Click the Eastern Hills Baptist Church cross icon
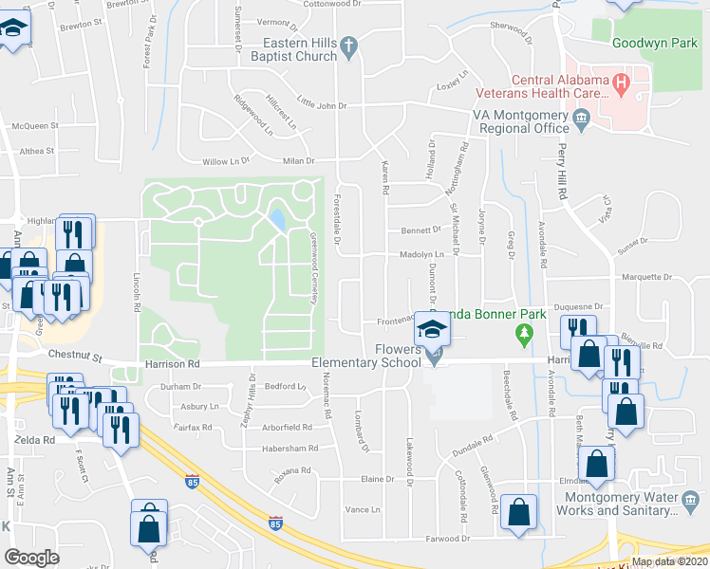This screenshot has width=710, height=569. pyautogui.click(x=348, y=45)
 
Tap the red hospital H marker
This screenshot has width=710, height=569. pyautogui.click(x=622, y=83)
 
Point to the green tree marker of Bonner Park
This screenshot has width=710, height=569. pyautogui.click(x=522, y=334)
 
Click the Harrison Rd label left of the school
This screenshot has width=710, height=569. pyautogui.click(x=173, y=363)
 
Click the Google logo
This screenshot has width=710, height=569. pyautogui.click(x=32, y=558)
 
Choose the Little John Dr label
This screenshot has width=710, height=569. pyautogui.click(x=322, y=104)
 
